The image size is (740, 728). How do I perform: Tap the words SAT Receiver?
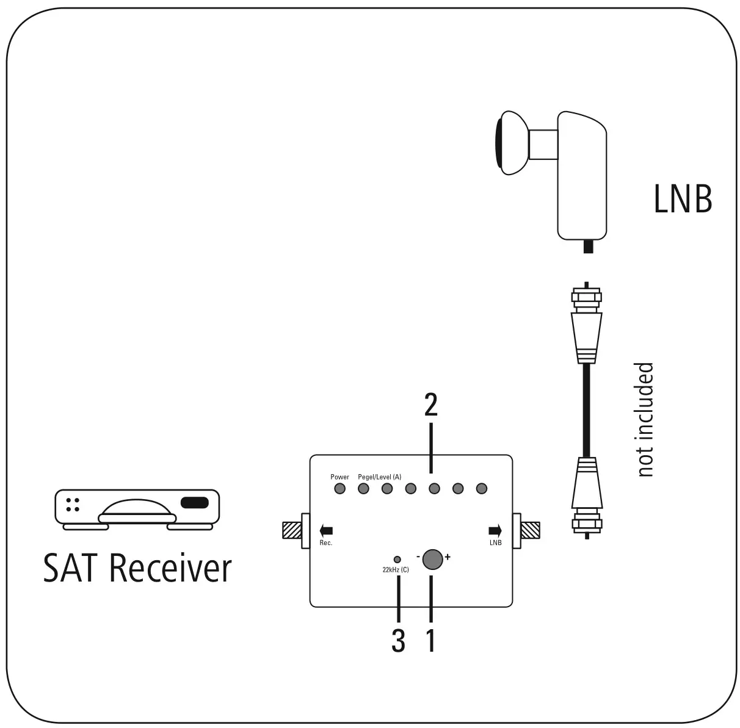(x=137, y=568)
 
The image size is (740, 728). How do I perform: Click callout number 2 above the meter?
(x=431, y=406)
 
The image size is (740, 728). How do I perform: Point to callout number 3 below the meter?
(x=398, y=641)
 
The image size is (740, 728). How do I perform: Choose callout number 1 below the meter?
(x=431, y=641)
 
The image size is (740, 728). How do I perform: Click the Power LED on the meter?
(x=340, y=488)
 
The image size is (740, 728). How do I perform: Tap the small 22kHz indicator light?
(x=397, y=559)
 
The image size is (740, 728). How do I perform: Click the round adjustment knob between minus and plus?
(x=432, y=559)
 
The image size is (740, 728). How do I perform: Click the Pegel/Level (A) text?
(x=379, y=477)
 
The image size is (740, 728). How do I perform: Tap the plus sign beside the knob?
(x=448, y=557)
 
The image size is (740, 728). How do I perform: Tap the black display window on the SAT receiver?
(x=195, y=503)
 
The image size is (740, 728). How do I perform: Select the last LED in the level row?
(x=481, y=488)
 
